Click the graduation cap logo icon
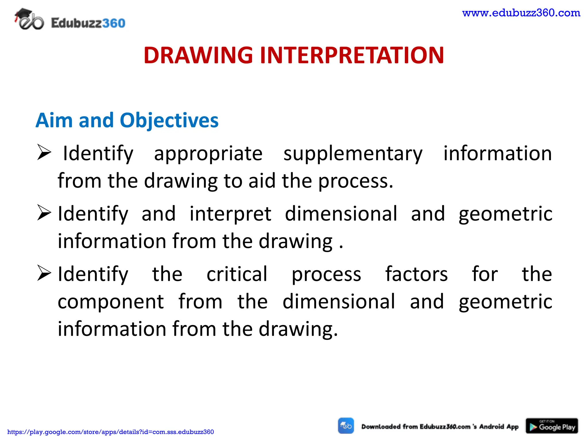coord(29,20)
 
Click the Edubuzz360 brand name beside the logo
coord(88,23)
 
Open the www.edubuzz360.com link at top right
coord(521,13)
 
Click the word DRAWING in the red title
coord(198,55)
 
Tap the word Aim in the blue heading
coord(54,120)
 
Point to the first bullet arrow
coord(44,152)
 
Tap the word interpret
coord(230,214)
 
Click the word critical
coord(237,274)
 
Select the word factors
coord(416,274)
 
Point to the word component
coord(111,302)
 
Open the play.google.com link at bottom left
coord(111,432)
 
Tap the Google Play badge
coord(552,426)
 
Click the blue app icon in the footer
coord(346,426)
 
